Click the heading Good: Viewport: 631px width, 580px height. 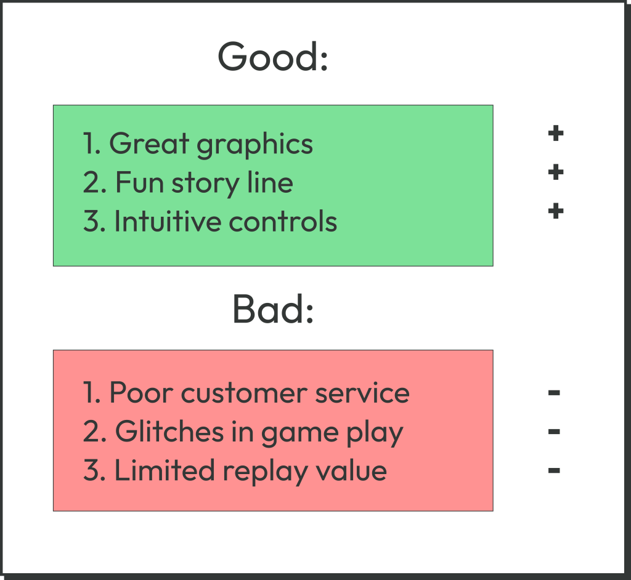(x=272, y=57)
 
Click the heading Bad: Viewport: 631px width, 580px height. (x=273, y=309)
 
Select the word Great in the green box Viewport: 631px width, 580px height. (x=149, y=143)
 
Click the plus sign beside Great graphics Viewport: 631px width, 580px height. (x=556, y=133)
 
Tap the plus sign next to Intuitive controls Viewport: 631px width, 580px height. (x=556, y=212)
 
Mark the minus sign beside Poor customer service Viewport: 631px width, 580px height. (x=554, y=392)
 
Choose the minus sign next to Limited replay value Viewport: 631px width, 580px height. (x=554, y=471)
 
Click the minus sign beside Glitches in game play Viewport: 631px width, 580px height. (x=554, y=432)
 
